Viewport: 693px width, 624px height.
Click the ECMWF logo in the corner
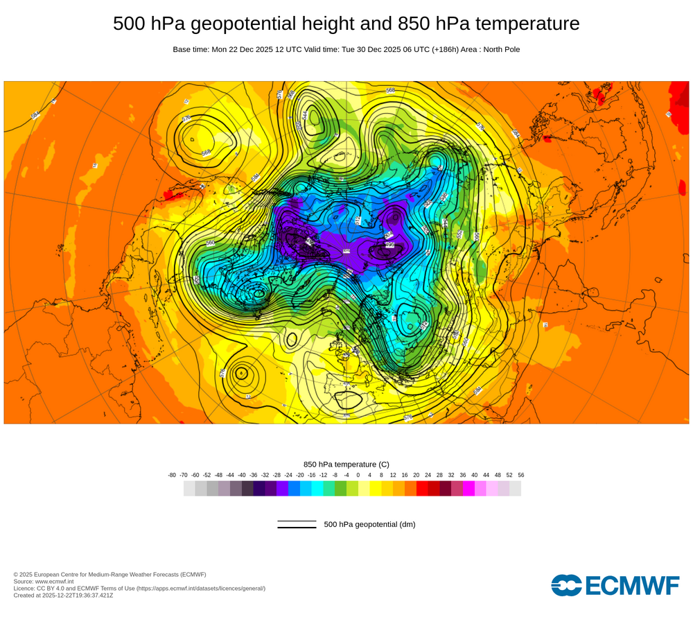pyautogui.click(x=615, y=585)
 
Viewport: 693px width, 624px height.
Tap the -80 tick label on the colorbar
pyautogui.click(x=172, y=475)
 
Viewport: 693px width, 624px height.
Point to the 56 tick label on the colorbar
pyautogui.click(x=520, y=475)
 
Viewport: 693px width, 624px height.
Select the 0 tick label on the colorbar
pyautogui.click(x=358, y=475)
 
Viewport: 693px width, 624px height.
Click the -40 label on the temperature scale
pyautogui.click(x=241, y=475)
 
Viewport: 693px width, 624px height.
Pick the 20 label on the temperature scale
pyautogui.click(x=416, y=475)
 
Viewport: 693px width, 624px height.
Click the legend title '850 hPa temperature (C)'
pyautogui.click(x=346, y=464)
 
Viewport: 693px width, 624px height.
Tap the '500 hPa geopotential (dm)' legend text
pyautogui.click(x=369, y=524)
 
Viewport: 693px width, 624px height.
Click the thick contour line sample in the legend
pyautogui.click(x=297, y=528)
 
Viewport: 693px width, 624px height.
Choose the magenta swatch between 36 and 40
pyautogui.click(x=468, y=488)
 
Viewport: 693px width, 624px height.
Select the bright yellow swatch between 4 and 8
pyautogui.click(x=375, y=488)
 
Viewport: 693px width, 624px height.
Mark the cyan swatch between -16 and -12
pyautogui.click(x=317, y=488)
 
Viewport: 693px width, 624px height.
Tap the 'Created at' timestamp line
pyautogui.click(x=63, y=595)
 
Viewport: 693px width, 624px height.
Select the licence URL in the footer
pyautogui.click(x=200, y=588)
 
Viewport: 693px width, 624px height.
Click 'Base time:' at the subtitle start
pyautogui.click(x=191, y=50)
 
